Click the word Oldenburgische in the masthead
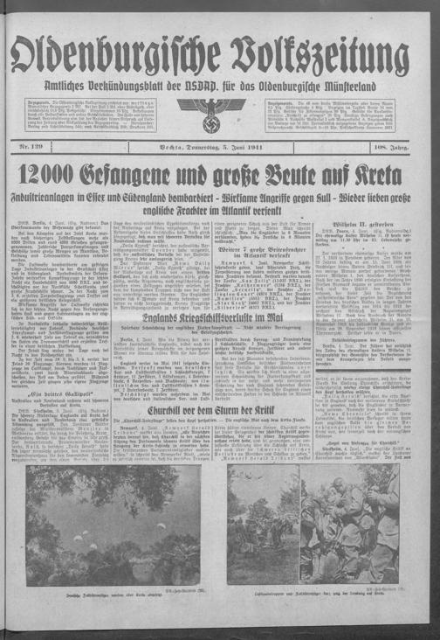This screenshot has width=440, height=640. [119, 54]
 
